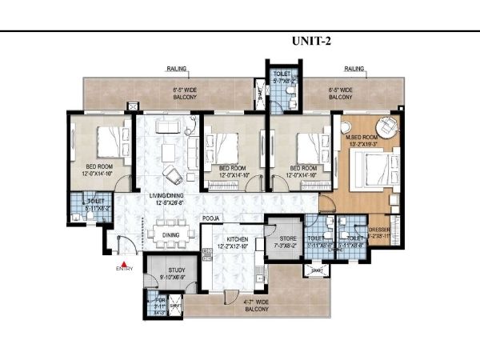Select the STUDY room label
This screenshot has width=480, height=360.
[x=177, y=271]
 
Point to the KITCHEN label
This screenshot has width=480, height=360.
[x=237, y=239]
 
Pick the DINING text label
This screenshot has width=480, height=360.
[x=171, y=234]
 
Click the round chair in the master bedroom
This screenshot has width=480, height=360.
[x=386, y=126]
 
